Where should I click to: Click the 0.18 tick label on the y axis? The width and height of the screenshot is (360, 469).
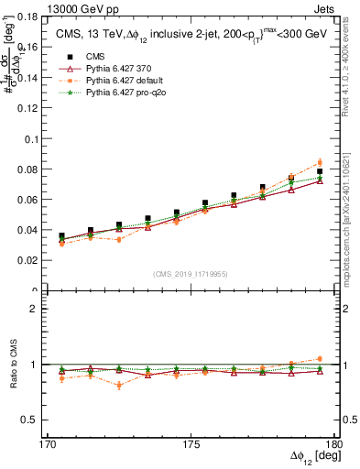(x=38, y=18)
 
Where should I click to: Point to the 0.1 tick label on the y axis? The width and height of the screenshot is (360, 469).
(x=41, y=140)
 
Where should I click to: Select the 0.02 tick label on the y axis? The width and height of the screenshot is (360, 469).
(x=38, y=261)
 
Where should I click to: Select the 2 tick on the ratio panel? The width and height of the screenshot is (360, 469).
(x=43, y=309)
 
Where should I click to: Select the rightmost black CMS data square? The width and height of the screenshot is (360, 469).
(x=320, y=171)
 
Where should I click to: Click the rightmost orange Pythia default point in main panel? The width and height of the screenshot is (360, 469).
(x=320, y=163)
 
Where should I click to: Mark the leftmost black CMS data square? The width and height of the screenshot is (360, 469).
(x=61, y=235)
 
